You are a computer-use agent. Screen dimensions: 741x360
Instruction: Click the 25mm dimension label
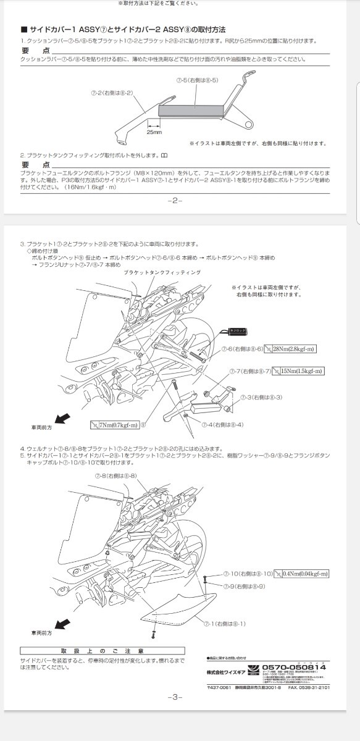click(154, 132)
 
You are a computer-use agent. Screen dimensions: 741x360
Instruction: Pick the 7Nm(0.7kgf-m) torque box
click(114, 425)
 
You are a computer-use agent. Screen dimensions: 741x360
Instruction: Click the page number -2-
click(175, 201)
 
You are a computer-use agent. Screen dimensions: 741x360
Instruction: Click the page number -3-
click(175, 697)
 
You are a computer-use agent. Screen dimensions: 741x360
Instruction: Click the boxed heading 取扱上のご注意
click(103, 651)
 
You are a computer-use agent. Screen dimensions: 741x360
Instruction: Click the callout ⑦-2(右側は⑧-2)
click(112, 91)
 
